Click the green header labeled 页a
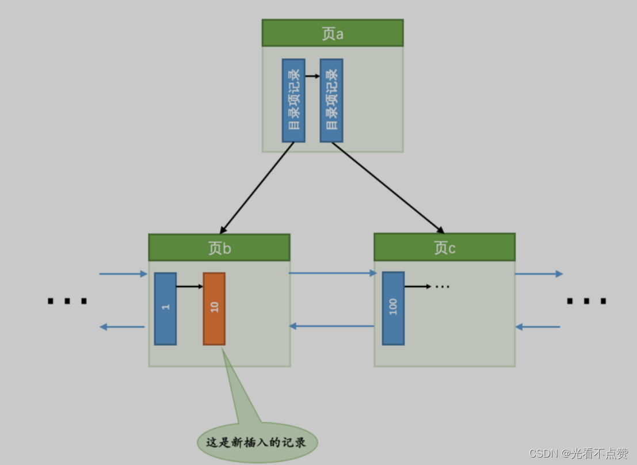[333, 33]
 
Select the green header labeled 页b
[219, 248]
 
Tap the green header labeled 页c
[444, 247]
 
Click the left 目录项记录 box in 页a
[293, 100]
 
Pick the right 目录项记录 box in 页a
[331, 100]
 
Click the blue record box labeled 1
[165, 308]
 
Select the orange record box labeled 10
[214, 308]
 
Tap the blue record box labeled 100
[393, 308]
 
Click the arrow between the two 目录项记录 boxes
[312, 76]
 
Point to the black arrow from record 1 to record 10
[190, 286]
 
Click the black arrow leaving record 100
[417, 286]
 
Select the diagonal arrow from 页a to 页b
[257, 188]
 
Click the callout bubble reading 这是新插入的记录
[257, 443]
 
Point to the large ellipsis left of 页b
[67, 300]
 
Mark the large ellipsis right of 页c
[586, 301]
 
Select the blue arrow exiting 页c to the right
[539, 274]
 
